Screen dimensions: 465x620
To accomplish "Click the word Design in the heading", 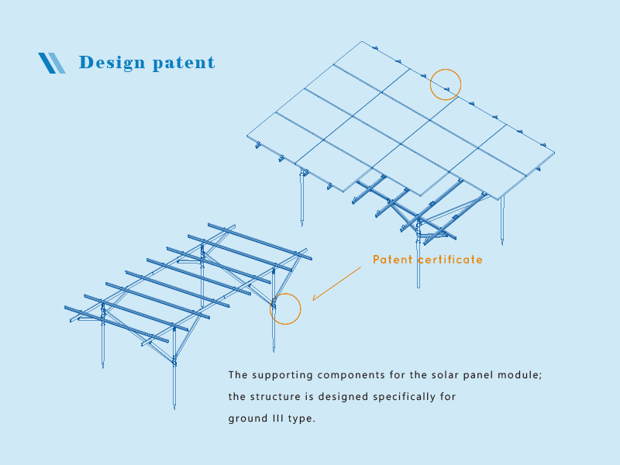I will (x=111, y=62).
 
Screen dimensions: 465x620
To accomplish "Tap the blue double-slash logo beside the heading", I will (x=52, y=63).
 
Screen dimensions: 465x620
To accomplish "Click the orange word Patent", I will (x=393, y=260).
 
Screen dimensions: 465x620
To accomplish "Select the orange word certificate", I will (x=450, y=260).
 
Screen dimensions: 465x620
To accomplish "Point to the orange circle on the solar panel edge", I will (x=446, y=84).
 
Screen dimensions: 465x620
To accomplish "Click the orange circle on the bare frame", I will (x=284, y=308).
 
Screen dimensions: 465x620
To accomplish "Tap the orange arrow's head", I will (x=314, y=299).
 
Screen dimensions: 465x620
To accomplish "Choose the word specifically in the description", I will (x=404, y=398).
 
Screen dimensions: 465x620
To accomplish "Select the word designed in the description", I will (x=344, y=397).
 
